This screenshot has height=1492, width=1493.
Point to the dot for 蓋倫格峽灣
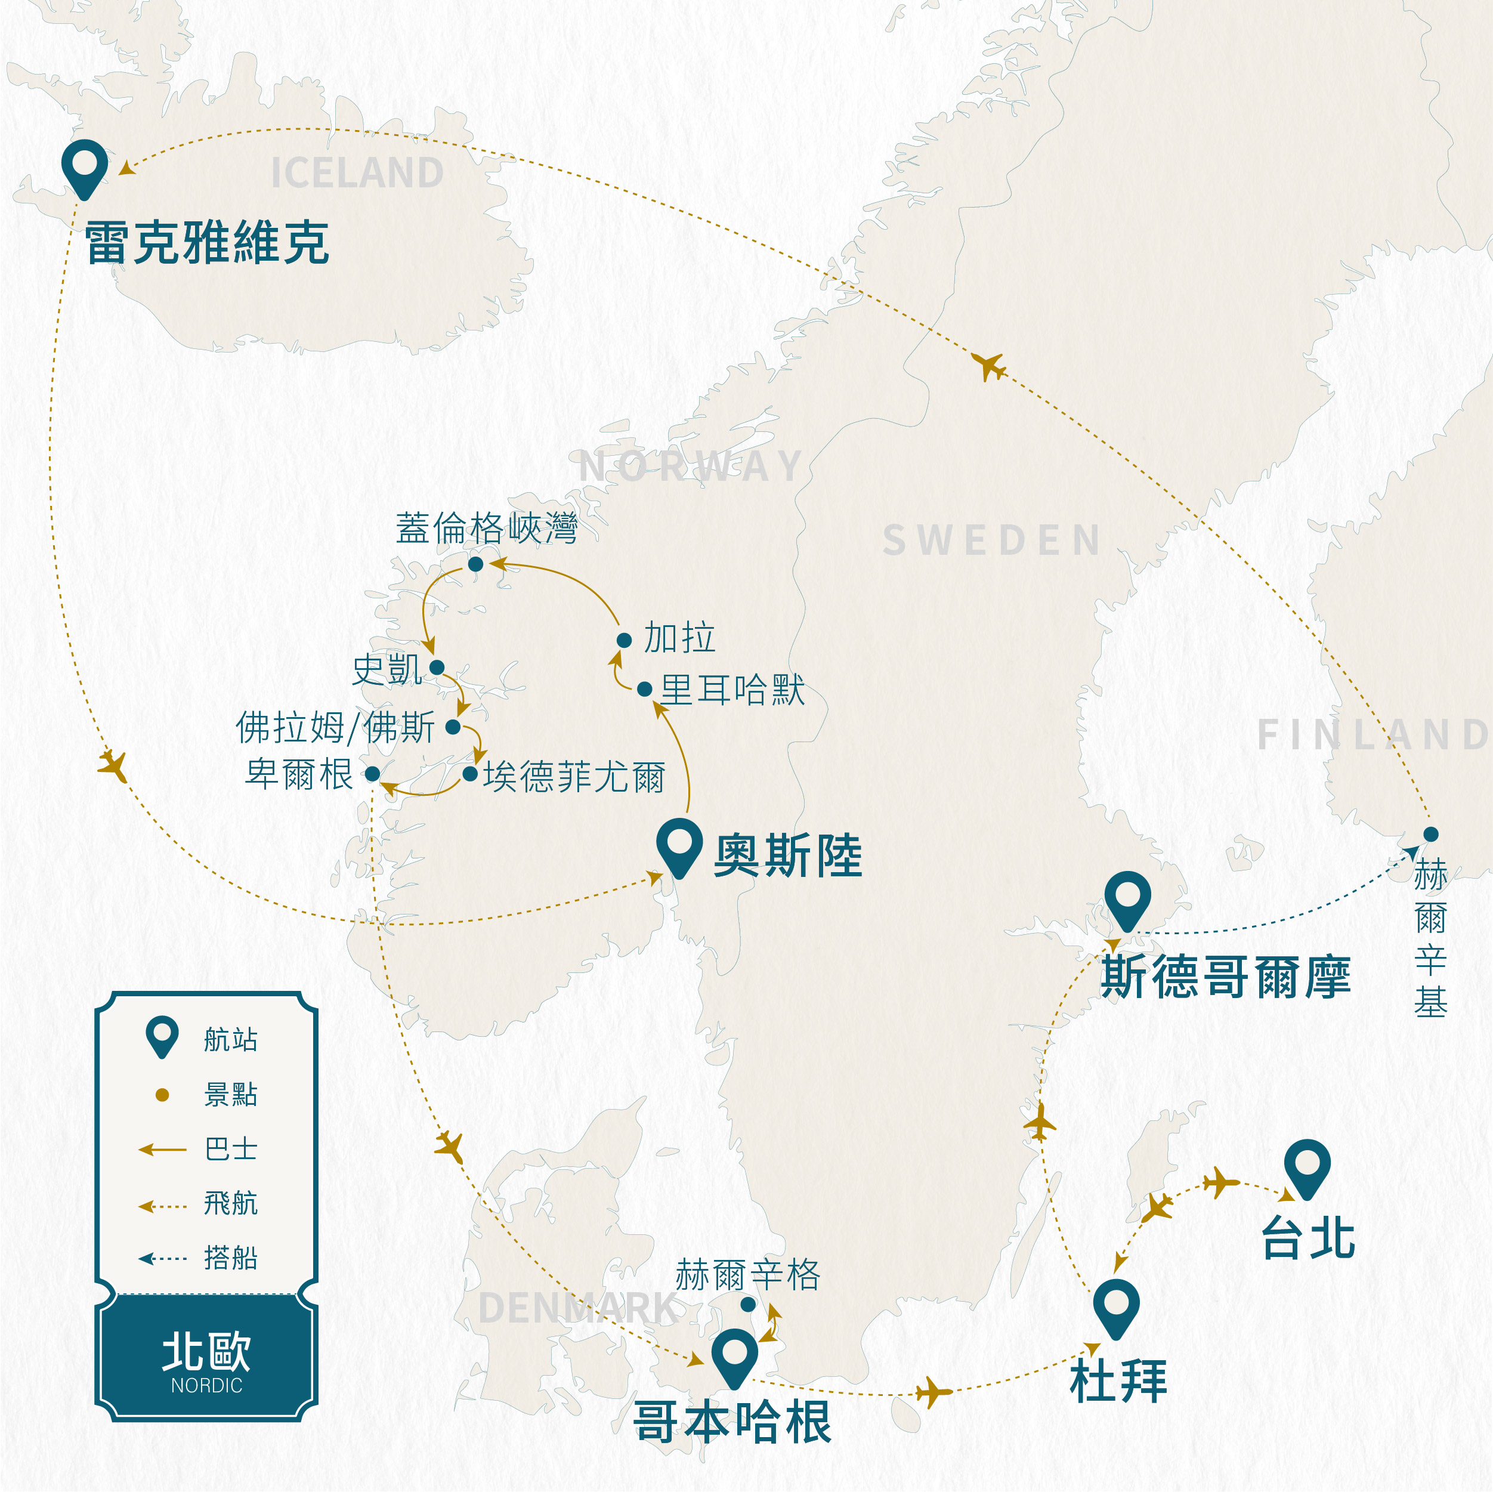pos(476,564)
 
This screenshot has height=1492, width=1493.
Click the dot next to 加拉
pos(625,640)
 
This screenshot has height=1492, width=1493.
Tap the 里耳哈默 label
pos(732,690)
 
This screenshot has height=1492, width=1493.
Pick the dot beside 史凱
pos(437,667)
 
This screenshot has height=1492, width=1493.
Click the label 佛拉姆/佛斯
pos(335,727)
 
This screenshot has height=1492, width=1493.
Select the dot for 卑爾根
pos(372,774)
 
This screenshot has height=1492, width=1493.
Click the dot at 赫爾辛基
pos(1431,834)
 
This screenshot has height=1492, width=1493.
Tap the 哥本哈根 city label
pos(732,1422)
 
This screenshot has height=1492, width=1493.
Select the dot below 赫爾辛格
pos(748,1305)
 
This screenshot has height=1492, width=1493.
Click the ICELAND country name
pos(357,173)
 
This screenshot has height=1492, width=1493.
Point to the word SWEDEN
pos(991,540)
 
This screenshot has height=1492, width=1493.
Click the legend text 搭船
pos(230,1258)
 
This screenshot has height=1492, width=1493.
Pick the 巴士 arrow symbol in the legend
pos(162,1150)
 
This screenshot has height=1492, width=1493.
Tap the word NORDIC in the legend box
pos(206,1385)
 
